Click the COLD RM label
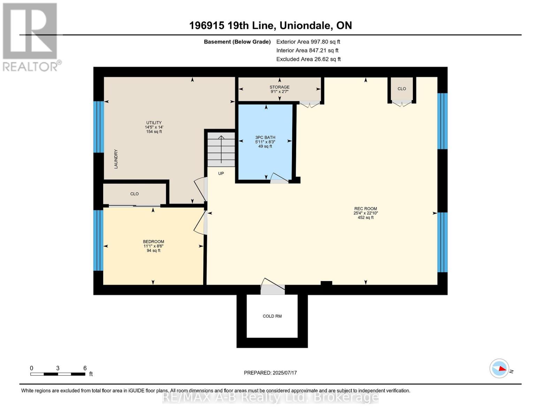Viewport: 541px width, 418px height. coord(272,316)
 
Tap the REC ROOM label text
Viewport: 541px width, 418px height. coord(365,209)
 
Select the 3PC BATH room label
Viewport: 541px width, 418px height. coord(265,138)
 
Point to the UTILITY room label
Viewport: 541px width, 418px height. coord(154,123)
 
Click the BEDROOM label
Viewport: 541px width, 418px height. coord(153,241)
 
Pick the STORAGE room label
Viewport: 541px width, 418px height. coord(279,87)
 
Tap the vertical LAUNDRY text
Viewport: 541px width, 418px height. coord(116,159)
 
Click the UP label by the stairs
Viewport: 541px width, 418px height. coord(221,173)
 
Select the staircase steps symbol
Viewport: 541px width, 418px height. coord(221,149)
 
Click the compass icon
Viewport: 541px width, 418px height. coord(499,369)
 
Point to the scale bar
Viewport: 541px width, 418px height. coord(58,374)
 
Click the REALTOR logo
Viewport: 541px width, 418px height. coord(31,37)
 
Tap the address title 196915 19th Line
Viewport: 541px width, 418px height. coord(232,25)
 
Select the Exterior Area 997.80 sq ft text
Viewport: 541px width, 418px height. coord(308,42)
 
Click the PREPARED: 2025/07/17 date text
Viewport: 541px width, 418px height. coord(270,373)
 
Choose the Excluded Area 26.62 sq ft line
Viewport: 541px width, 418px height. coord(308,59)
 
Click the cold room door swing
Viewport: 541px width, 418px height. coord(273,286)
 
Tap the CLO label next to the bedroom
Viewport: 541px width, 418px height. coord(134,194)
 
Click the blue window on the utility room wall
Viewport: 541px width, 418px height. coord(99,127)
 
